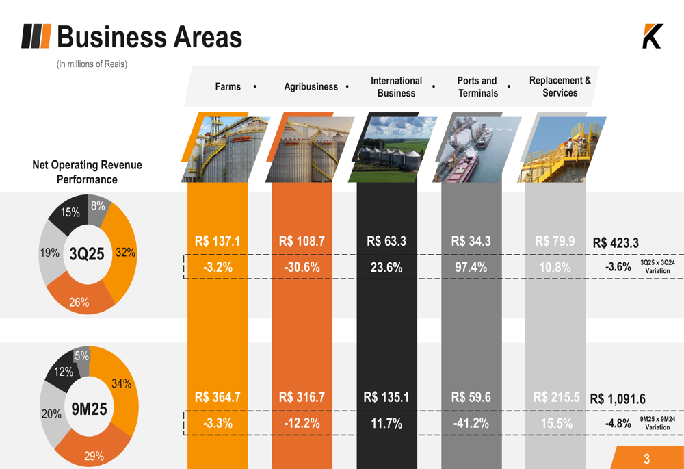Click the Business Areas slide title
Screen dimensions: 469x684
(149, 37)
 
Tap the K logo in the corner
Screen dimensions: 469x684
(652, 36)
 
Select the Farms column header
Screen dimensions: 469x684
(228, 87)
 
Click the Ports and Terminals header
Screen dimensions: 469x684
(477, 87)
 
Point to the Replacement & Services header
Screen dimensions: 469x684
(560, 87)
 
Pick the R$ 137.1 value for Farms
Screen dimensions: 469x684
(218, 242)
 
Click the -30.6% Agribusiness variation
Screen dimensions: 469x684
(302, 268)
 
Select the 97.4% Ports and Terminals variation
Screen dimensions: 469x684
(471, 268)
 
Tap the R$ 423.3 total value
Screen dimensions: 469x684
(616, 243)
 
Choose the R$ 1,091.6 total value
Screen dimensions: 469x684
(618, 399)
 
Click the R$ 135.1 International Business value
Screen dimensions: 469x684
(386, 397)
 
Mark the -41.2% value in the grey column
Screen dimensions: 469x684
(471, 424)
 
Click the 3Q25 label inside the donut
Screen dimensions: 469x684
(87, 255)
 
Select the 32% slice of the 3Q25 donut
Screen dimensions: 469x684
(124, 253)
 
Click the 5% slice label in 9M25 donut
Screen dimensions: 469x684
(81, 356)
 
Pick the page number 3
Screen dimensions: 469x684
(646, 459)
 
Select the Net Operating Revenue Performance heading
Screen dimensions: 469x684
(87, 172)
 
